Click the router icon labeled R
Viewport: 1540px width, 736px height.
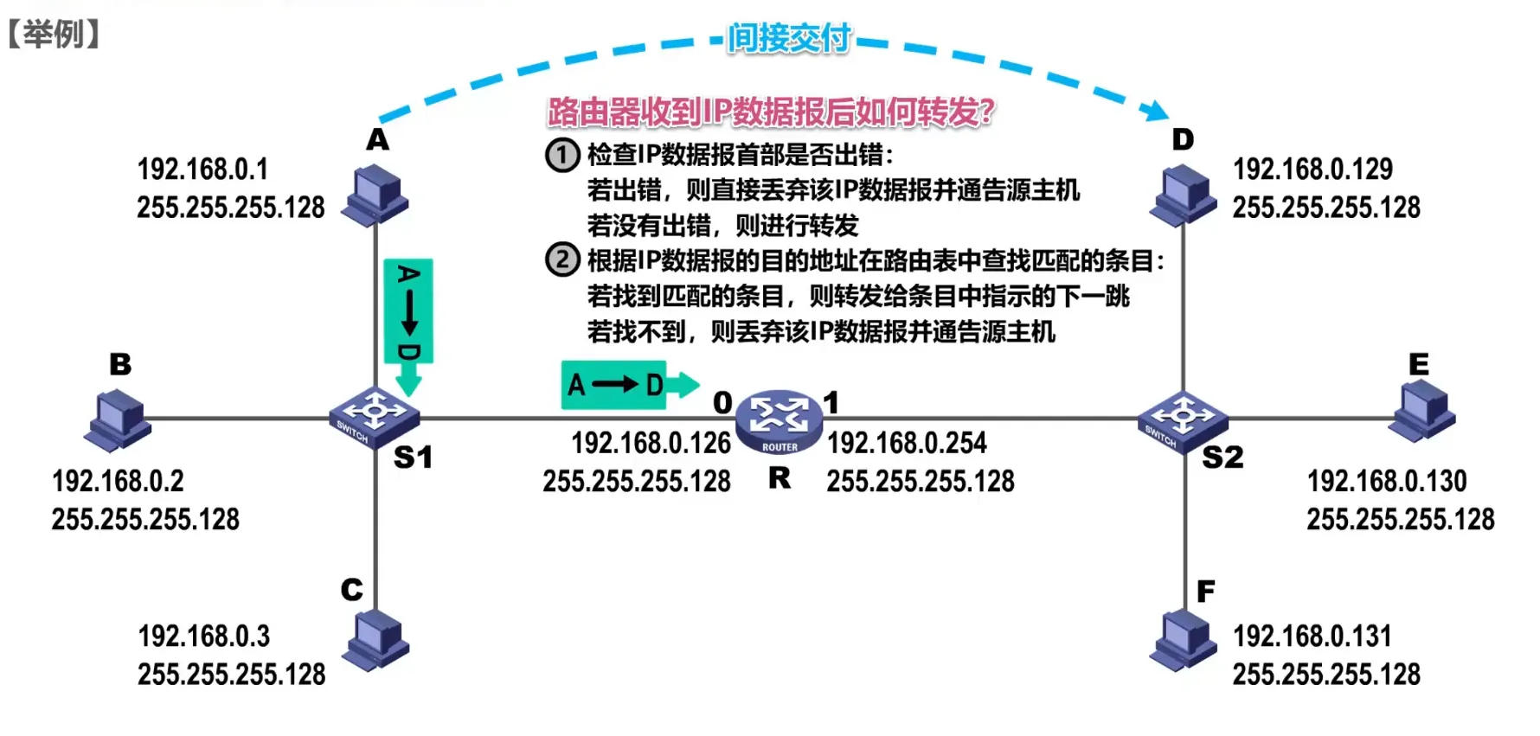(779, 420)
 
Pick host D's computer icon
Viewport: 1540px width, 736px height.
(1183, 195)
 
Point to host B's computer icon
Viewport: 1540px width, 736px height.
(119, 419)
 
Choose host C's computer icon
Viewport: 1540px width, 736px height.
(375, 640)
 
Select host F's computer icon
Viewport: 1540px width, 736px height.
(1183, 640)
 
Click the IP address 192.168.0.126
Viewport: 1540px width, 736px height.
(651, 443)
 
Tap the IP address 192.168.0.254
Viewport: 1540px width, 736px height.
(907, 443)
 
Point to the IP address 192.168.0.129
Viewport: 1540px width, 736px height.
(1312, 170)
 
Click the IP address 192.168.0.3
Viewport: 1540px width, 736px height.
(204, 637)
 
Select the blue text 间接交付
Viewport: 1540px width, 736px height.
(788, 38)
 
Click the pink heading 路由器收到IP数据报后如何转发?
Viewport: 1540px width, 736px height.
(770, 112)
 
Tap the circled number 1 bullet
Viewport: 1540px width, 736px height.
(562, 155)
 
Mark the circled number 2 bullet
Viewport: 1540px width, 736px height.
(562, 259)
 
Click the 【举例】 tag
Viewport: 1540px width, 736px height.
(54, 35)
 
